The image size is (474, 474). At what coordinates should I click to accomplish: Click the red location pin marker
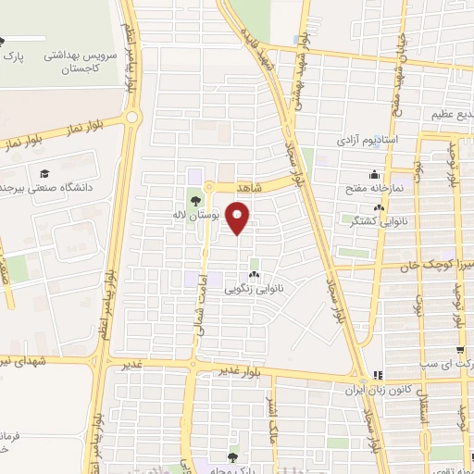(239, 218)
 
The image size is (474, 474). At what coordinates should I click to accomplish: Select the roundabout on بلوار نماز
(132, 118)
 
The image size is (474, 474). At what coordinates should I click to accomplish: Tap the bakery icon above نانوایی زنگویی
(254, 275)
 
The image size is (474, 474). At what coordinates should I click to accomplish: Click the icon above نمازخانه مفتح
(373, 175)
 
